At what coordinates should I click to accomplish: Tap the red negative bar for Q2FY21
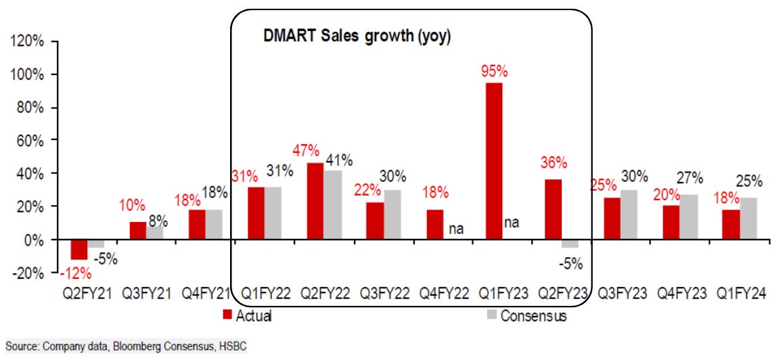coord(79,250)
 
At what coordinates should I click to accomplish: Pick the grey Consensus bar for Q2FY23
coord(571,244)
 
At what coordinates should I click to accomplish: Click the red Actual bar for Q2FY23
coord(552,209)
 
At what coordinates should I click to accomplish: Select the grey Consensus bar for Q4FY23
coord(688,217)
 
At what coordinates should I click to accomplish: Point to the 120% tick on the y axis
coord(27,41)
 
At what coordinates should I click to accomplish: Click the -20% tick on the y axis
coord(27,273)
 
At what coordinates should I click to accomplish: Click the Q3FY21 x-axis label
coord(146,295)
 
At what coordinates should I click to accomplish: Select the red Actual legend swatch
coord(227,315)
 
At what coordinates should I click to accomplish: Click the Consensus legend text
coord(534,315)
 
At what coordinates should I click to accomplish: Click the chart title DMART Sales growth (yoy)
coord(357,37)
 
